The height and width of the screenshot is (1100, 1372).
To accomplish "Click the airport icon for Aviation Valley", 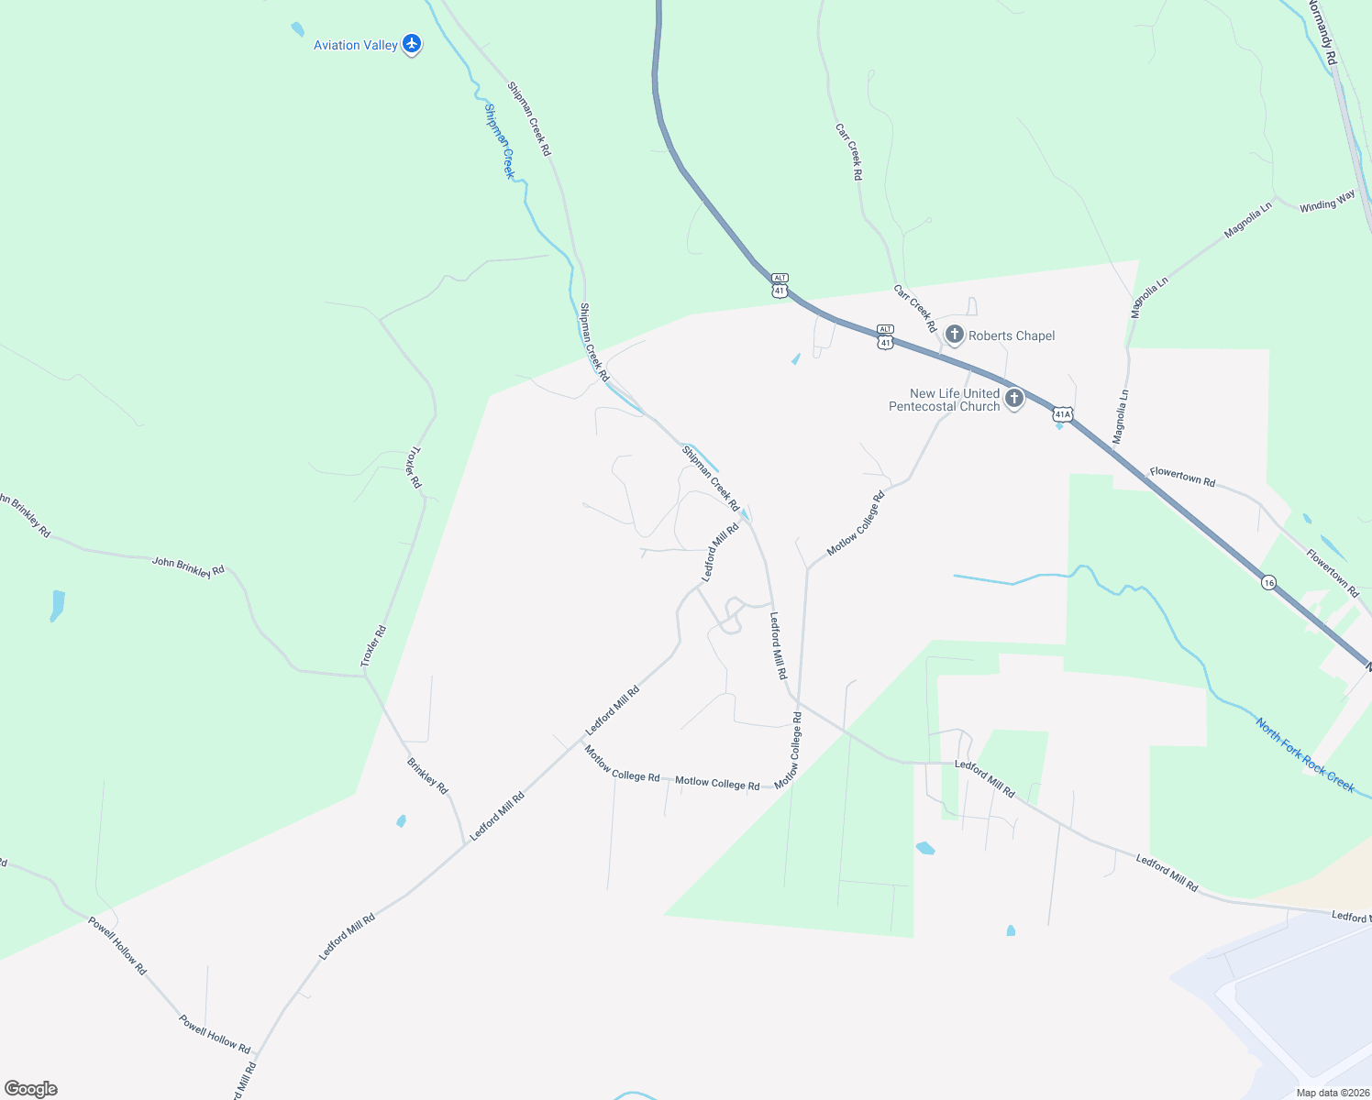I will (412, 43).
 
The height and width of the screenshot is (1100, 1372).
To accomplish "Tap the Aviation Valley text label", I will (356, 45).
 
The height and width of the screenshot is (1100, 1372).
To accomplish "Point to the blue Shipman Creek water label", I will (499, 141).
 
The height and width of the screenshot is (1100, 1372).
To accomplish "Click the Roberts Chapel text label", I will (1012, 335).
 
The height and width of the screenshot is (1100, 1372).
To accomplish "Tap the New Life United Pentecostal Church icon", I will (1014, 398).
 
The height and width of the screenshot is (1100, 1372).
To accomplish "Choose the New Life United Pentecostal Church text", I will (945, 400).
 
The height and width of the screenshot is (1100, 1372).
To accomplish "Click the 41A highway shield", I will (1062, 413).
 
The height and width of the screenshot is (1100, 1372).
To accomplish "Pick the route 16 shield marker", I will (1268, 582).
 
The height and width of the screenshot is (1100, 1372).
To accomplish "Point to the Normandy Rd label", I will (1323, 32).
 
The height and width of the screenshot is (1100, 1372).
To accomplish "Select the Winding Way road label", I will (1327, 202).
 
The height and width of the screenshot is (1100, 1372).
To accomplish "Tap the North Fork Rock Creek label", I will (1305, 755).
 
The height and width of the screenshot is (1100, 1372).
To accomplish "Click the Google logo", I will (31, 1089).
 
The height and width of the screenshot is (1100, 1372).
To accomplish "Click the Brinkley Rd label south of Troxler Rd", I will (427, 775).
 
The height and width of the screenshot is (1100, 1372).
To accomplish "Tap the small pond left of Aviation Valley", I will (297, 29).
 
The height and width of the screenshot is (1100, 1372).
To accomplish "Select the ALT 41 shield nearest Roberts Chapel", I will (885, 336).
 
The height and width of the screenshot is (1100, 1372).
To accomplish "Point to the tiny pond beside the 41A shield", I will (1059, 425).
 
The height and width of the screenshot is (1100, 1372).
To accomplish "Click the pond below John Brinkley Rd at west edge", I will (58, 605).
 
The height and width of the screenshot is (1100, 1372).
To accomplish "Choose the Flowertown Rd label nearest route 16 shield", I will (1332, 573).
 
